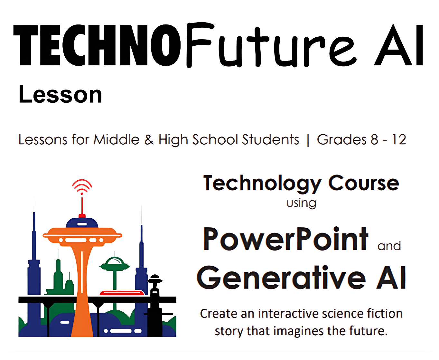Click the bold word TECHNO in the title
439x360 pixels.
click(x=97, y=45)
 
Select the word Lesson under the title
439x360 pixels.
click(x=60, y=95)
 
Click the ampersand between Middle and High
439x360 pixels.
click(x=149, y=139)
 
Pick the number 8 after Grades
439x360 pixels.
click(x=374, y=139)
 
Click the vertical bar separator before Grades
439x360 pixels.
click(x=308, y=140)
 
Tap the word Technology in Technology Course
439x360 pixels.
click(x=262, y=183)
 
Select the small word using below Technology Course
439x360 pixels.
click(x=301, y=203)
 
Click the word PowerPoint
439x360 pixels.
click(x=285, y=239)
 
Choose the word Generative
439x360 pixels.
click(x=281, y=278)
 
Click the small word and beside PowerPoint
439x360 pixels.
click(x=389, y=246)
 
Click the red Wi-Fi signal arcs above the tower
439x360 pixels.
click(x=82, y=185)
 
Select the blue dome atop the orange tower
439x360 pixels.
click(x=82, y=223)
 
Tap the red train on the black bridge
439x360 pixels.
click(x=122, y=293)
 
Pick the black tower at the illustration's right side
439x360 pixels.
click(x=155, y=306)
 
